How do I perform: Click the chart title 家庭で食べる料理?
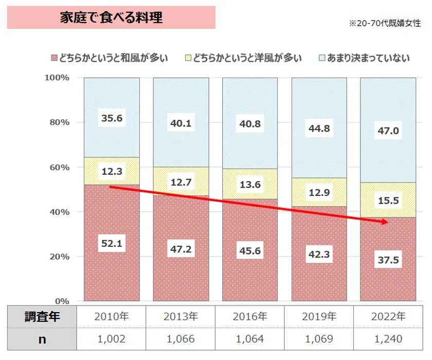click(111, 17)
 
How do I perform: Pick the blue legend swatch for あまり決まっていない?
click(322, 58)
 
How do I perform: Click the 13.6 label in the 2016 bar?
click(249, 184)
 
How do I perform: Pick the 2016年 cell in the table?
click(250, 316)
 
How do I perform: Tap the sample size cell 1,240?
click(388, 339)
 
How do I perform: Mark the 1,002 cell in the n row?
click(112, 339)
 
